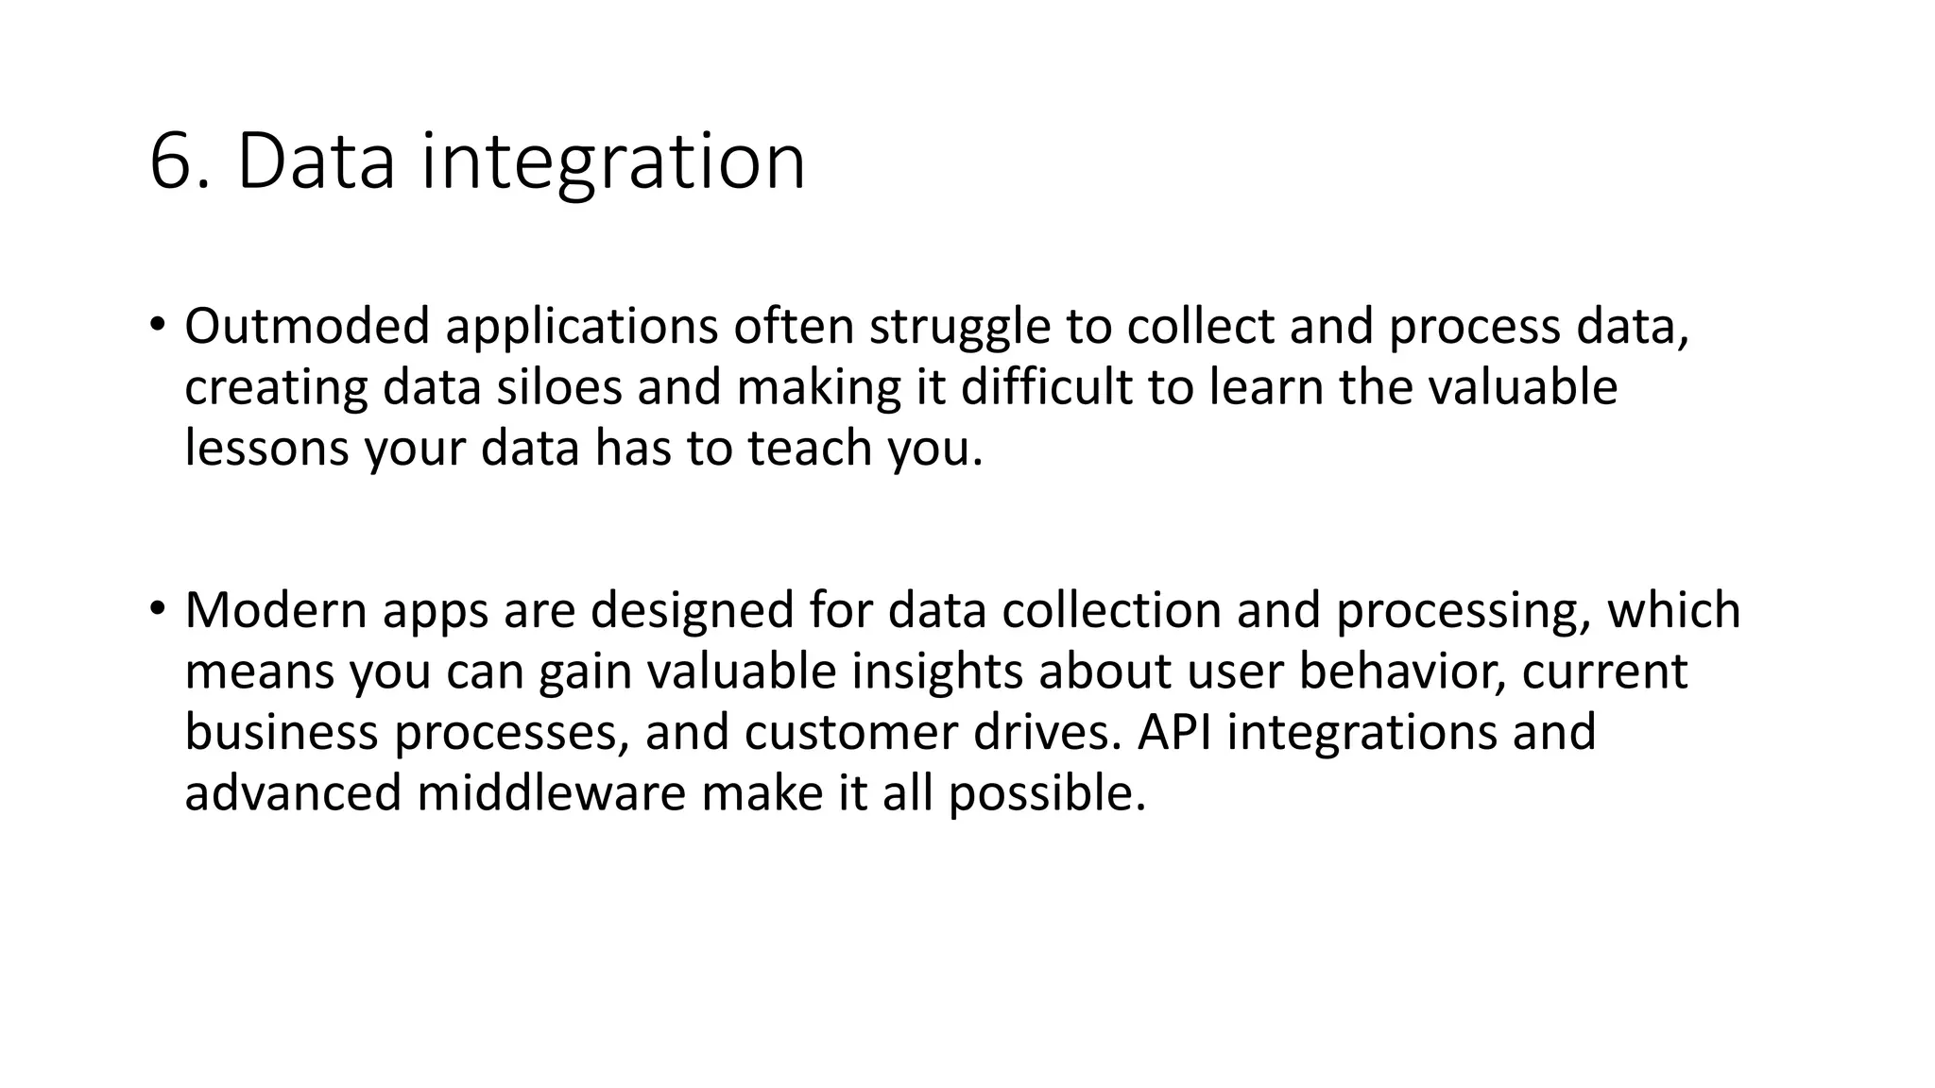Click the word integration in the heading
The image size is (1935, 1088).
[613, 162]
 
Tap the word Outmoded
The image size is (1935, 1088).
[307, 326]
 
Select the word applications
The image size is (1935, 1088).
[582, 328]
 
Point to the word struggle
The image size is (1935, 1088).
[960, 328]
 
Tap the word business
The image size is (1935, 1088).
[282, 732]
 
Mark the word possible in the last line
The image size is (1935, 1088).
[1047, 793]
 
